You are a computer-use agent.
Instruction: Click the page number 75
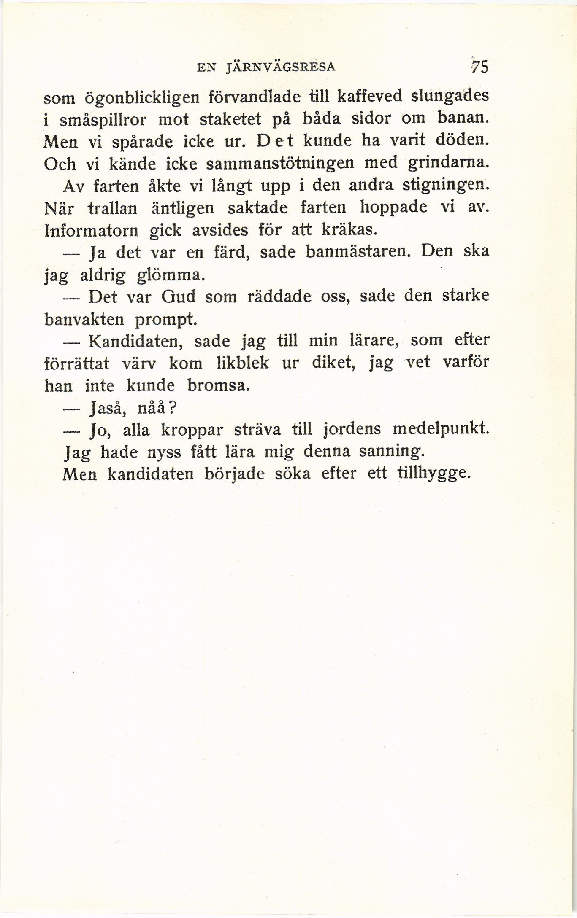coord(479,67)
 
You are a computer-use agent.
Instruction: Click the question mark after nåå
coord(173,408)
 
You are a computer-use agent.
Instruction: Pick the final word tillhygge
coord(433,474)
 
